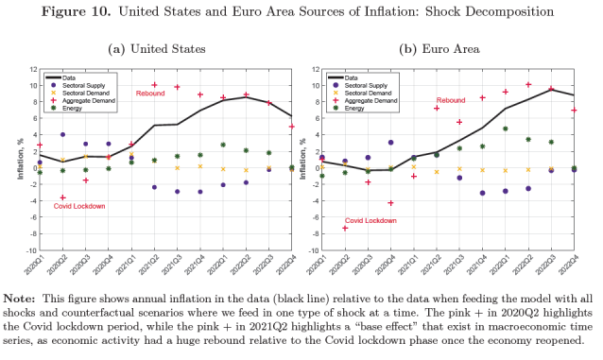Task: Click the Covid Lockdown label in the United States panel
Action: point(79,206)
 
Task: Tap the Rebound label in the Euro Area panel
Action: point(451,100)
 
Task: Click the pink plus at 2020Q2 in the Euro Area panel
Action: point(345,229)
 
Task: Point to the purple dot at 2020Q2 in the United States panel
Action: point(62,134)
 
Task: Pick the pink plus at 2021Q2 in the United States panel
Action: point(155,85)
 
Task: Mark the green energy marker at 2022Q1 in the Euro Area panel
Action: point(506,129)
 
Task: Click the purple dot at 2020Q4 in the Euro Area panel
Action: point(390,143)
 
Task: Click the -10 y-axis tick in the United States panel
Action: point(32,250)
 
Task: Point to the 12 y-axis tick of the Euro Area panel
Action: point(316,70)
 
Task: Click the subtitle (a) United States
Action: point(157,49)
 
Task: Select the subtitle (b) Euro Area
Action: point(439,49)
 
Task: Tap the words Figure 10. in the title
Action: point(77,11)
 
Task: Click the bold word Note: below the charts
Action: point(19,299)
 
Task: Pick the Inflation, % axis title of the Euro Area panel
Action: point(302,159)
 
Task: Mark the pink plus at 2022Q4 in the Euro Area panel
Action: point(574,111)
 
